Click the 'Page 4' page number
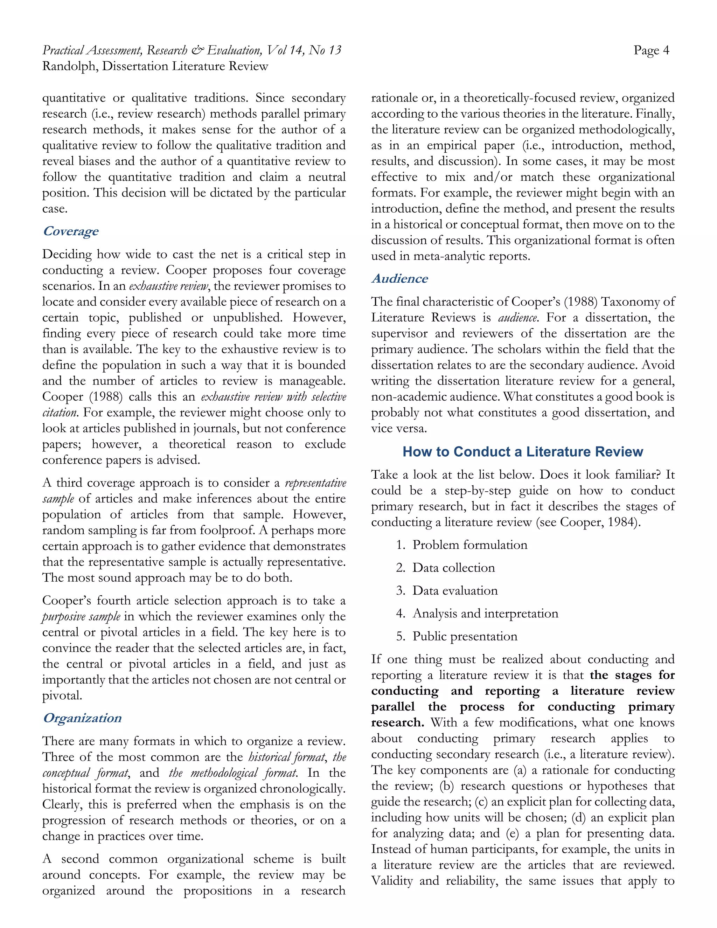pyautogui.click(x=651, y=50)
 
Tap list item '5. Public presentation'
pyautogui.click(x=457, y=637)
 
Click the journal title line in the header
pyautogui.click(x=192, y=50)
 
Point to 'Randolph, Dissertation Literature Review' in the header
pyautogui.click(x=155, y=66)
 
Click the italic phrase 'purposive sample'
pyautogui.click(x=81, y=617)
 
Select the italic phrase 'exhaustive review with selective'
pyautogui.click(x=273, y=397)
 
